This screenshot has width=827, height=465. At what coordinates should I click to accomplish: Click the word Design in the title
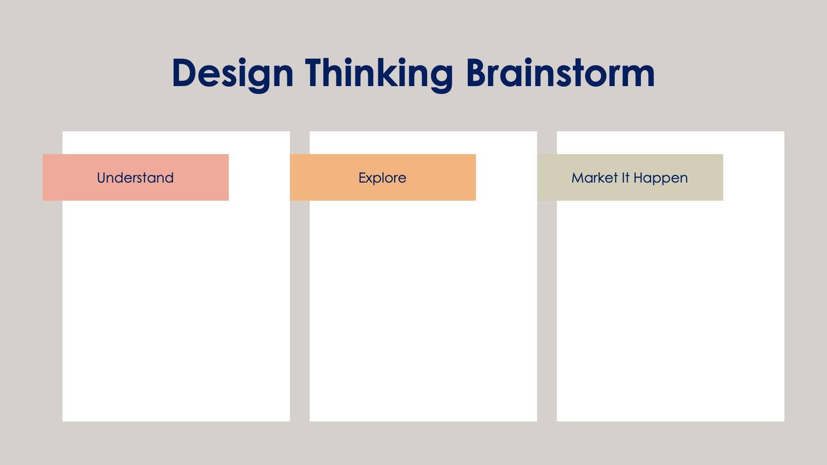[233, 73]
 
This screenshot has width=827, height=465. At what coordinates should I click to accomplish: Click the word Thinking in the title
[379, 73]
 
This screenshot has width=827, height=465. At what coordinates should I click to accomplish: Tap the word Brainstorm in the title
[560, 73]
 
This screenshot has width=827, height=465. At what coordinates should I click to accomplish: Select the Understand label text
[135, 178]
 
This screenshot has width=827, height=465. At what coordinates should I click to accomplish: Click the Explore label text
[382, 178]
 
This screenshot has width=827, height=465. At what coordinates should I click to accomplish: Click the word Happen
[660, 178]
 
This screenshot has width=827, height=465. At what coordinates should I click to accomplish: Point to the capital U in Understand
[102, 178]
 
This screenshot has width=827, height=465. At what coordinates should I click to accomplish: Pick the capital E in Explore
[362, 178]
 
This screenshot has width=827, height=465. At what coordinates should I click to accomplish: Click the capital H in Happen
[638, 178]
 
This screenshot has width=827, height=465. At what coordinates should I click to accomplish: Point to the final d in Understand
[169, 178]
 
